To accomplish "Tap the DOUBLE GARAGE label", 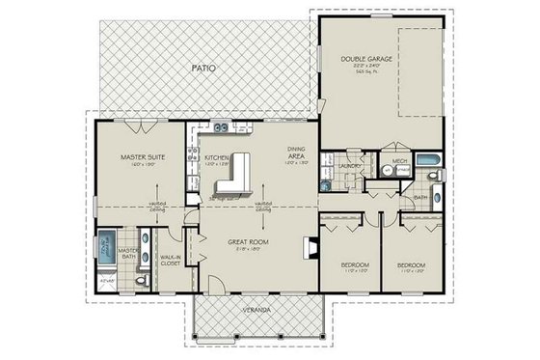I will point(365,58).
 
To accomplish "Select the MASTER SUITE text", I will point(138,155).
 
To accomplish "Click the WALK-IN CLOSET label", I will point(172,258).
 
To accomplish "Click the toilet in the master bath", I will point(142,281).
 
